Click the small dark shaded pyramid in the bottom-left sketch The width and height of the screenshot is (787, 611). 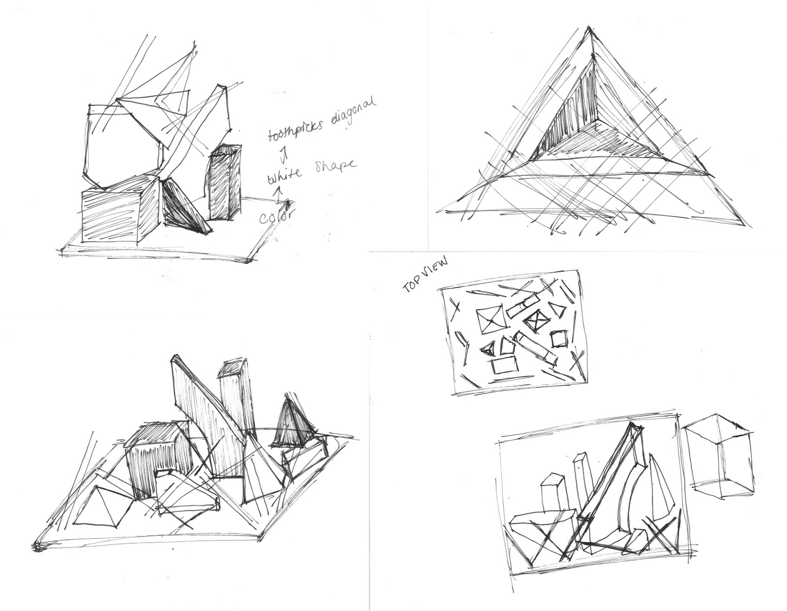click(x=290, y=423)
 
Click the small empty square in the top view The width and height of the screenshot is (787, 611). click(x=559, y=339)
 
